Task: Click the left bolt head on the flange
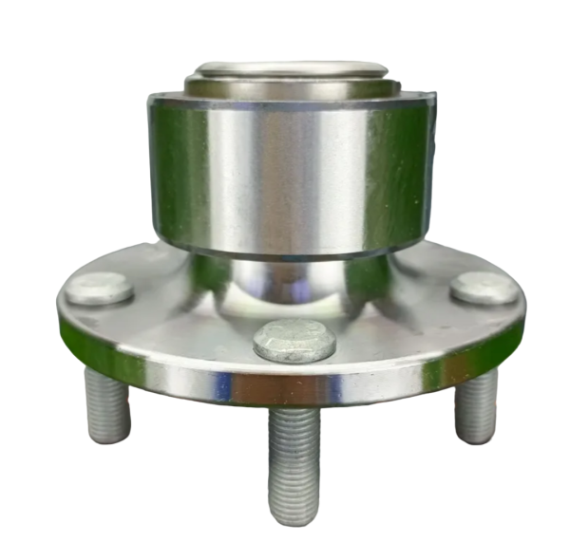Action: [99, 289]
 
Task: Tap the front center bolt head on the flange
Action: [294, 340]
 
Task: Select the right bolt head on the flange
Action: [484, 289]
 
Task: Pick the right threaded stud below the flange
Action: [475, 403]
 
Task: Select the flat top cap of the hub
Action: [290, 68]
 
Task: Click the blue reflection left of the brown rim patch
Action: [221, 385]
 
